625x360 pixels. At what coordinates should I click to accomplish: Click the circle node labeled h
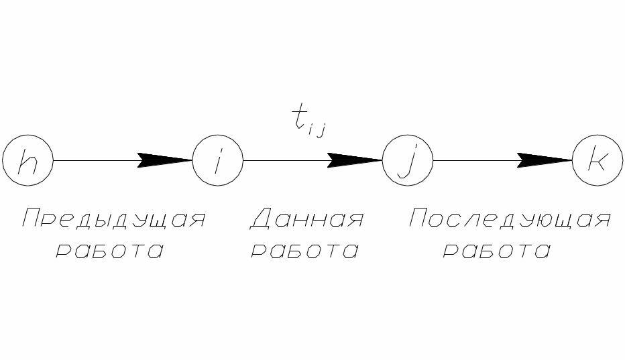click(27, 161)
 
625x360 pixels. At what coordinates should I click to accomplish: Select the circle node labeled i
click(217, 161)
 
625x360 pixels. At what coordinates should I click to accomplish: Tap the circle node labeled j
click(408, 161)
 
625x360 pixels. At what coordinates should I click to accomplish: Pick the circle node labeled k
click(597, 161)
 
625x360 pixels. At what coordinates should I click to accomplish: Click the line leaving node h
click(94, 161)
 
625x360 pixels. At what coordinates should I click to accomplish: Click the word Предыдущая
click(113, 220)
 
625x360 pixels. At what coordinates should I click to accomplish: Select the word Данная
click(307, 220)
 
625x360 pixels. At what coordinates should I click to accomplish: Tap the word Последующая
click(510, 220)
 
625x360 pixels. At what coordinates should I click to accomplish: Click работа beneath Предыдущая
click(109, 251)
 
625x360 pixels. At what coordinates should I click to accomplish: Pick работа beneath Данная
click(304, 251)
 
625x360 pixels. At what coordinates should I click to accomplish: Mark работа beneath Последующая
click(497, 251)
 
